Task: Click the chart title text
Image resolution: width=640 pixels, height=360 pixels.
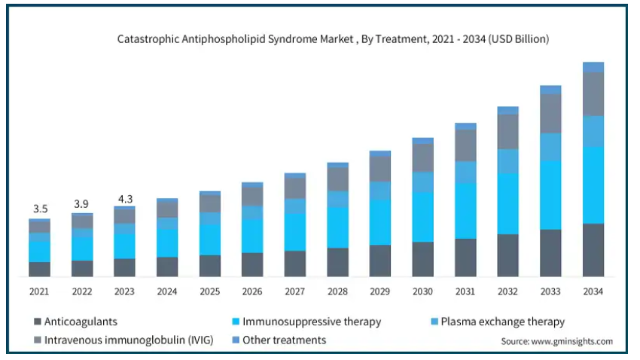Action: (332, 38)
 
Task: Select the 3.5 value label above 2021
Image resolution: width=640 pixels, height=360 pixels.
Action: (39, 208)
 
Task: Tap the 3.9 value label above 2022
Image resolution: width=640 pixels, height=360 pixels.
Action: (82, 203)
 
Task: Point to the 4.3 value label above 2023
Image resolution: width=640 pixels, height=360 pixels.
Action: (124, 199)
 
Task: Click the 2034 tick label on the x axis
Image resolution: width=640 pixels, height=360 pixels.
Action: (593, 291)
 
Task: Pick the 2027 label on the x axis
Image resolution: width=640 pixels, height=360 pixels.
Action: (294, 291)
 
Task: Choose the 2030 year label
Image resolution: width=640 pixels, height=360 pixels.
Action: (422, 291)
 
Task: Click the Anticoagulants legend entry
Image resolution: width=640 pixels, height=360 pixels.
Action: (80, 322)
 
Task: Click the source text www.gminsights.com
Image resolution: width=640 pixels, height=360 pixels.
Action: (556, 341)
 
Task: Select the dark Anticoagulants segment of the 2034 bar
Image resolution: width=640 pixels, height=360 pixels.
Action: (593, 250)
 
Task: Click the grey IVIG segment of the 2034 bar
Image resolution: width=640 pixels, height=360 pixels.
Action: (593, 94)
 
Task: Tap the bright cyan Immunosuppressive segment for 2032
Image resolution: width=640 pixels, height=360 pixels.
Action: (508, 203)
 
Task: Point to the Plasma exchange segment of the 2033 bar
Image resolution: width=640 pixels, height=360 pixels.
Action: (550, 147)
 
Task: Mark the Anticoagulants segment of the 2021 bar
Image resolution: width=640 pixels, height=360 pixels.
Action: (39, 269)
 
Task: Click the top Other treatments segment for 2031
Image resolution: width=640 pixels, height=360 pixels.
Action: (465, 126)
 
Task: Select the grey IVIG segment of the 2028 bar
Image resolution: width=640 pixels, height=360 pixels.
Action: (337, 179)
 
